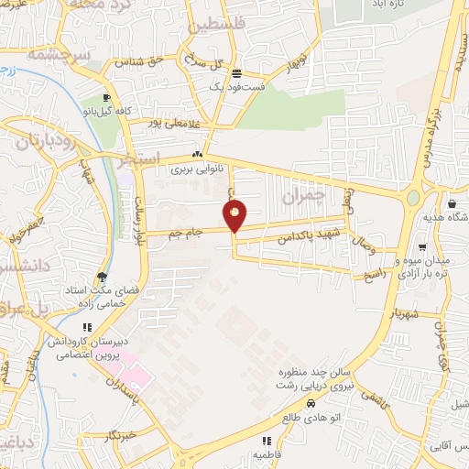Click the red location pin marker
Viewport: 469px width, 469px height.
pos(235,217)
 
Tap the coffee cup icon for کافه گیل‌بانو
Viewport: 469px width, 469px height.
pos(107,98)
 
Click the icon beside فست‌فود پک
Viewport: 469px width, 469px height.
pos(237,74)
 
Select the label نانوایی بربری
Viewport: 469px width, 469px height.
pos(195,169)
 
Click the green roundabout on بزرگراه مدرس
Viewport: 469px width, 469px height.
pos(413,197)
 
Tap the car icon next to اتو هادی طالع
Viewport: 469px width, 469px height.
pos(311,403)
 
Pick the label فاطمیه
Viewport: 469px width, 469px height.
pos(267,453)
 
